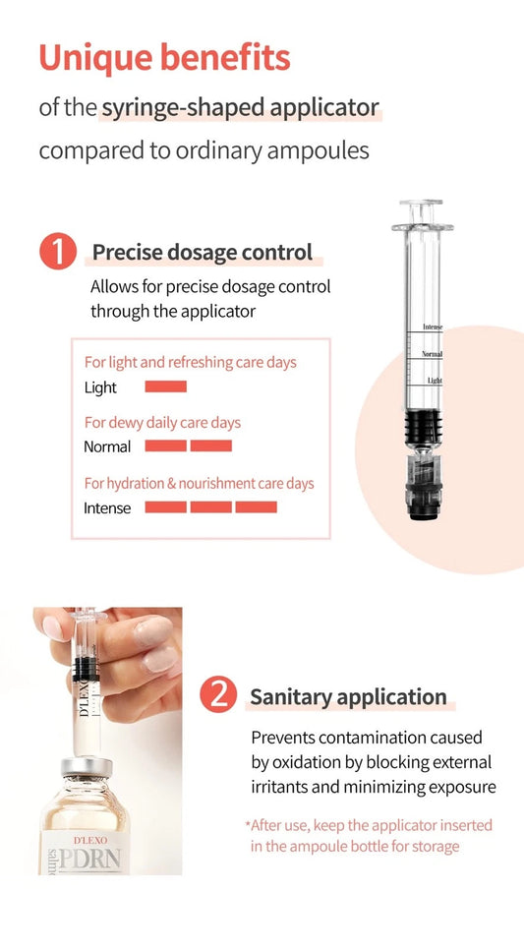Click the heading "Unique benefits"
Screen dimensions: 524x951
(164, 58)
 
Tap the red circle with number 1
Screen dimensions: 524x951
(58, 252)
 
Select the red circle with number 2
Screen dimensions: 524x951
(218, 695)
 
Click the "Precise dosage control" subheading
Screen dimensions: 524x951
(203, 253)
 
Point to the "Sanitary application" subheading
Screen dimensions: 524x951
(348, 697)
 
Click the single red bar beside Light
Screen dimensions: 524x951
(165, 386)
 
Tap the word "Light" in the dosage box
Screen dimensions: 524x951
(100, 387)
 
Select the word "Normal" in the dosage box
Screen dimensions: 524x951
(107, 447)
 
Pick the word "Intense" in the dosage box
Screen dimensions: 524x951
(107, 507)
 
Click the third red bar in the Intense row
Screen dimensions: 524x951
(256, 507)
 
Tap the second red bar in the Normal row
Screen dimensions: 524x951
(211, 446)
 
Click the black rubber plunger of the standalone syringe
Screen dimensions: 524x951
(423, 428)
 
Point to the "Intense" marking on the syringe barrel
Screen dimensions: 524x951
(433, 327)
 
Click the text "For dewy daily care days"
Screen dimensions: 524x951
(162, 423)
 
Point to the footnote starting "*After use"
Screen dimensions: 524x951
(369, 836)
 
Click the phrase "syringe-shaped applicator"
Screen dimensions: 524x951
(240, 108)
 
